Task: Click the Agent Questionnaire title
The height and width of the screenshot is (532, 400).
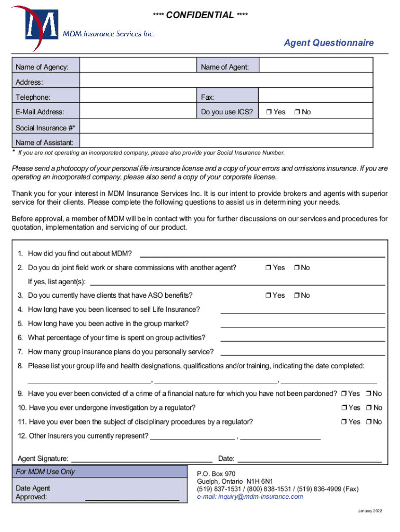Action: point(328,43)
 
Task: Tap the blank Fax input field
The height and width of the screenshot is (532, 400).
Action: point(316,97)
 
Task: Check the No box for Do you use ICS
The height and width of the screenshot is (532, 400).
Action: point(297,112)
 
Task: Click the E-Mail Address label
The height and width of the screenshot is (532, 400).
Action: point(40,112)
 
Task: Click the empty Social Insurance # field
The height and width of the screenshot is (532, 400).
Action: point(226,127)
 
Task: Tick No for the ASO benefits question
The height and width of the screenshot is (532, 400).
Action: point(296,296)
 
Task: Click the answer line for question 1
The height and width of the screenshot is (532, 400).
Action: point(262,254)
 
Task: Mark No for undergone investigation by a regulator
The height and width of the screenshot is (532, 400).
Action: point(369,408)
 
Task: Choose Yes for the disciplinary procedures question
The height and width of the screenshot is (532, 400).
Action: point(344,422)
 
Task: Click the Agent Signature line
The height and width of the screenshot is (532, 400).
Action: point(141,459)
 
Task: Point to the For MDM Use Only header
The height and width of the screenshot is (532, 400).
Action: point(45,472)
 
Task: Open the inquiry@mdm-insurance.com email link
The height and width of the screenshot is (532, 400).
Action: point(250,497)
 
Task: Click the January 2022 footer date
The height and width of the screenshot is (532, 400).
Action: point(370,512)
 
